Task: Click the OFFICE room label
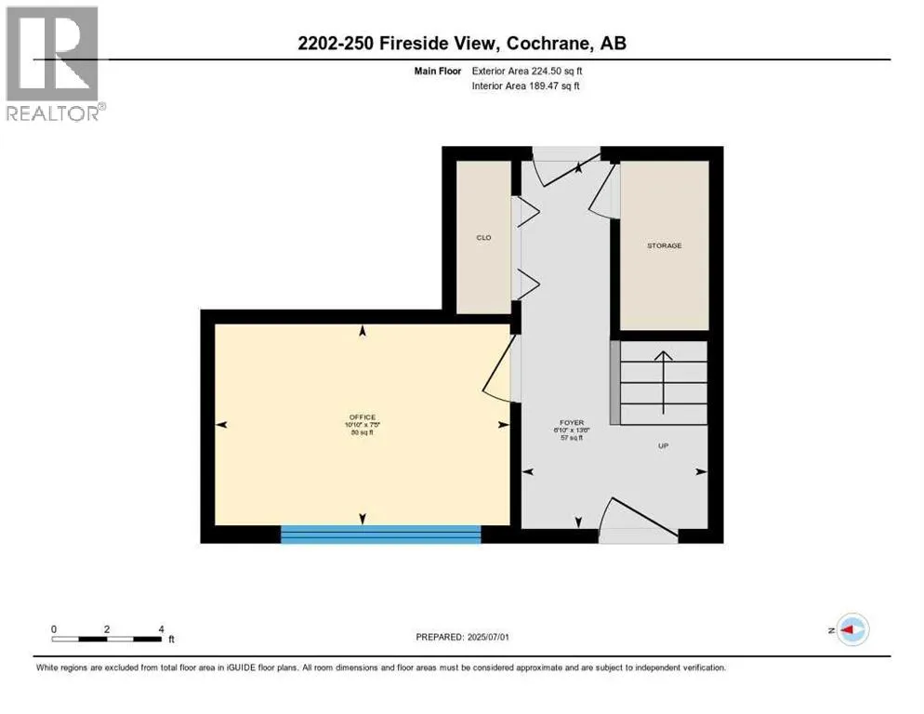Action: point(362,416)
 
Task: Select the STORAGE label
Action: point(664,245)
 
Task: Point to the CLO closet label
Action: point(483,238)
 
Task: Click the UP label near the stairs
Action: point(664,446)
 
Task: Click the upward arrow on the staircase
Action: point(663,381)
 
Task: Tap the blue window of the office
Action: point(381,534)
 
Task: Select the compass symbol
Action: point(851,629)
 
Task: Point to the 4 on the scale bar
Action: point(162,628)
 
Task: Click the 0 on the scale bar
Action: point(54,628)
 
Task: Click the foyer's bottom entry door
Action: point(638,522)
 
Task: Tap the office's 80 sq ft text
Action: point(362,432)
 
